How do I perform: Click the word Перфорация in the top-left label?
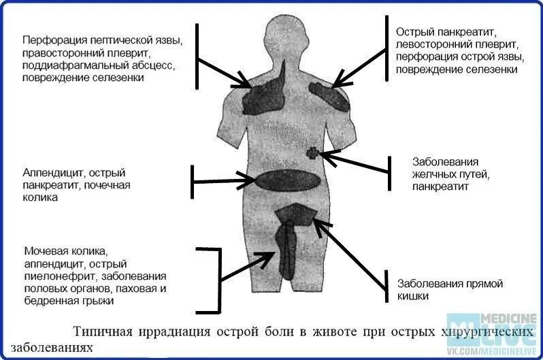point(52,39)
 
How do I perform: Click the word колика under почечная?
point(39,198)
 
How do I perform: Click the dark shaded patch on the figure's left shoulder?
point(261,95)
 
